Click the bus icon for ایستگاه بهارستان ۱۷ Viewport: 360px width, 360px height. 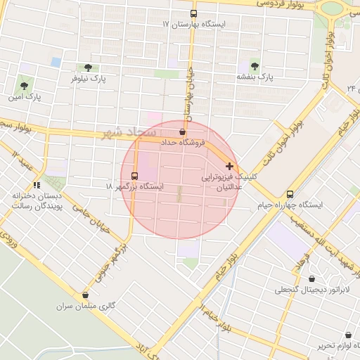pos(194,14)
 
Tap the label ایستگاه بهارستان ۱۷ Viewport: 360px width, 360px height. pos(195,24)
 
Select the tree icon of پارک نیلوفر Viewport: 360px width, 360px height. pos(88,68)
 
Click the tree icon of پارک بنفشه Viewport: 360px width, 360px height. pos(254,65)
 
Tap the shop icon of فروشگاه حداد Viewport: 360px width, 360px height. pos(183,131)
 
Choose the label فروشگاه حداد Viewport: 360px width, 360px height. pos(183,142)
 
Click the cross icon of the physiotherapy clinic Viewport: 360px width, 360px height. pos(230,166)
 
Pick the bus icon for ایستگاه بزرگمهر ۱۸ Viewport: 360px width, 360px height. pos(134,176)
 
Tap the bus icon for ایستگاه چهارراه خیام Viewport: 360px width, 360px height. pos(290,194)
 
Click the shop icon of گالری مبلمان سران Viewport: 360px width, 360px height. pos(86,295)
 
